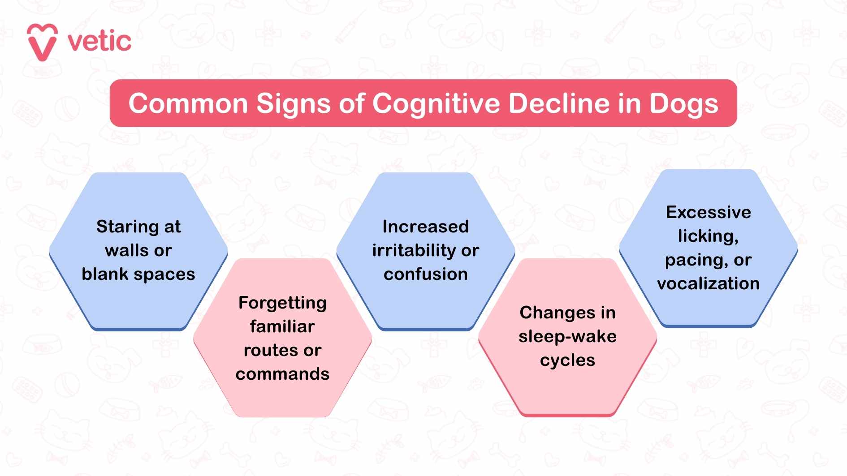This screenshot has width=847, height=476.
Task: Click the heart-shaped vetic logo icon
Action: point(42,42)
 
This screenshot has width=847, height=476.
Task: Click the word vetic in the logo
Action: point(99,42)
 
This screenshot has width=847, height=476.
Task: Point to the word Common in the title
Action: point(188,104)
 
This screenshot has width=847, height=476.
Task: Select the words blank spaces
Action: point(138,274)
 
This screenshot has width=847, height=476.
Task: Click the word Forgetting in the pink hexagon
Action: point(282,303)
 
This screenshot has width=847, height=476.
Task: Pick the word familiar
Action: point(282,326)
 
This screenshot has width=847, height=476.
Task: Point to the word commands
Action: point(282,374)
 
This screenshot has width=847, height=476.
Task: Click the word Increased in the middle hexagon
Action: point(425,227)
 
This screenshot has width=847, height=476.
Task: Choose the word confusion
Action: point(425,274)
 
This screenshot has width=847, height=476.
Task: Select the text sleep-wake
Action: point(567,336)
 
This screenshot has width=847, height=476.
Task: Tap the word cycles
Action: point(567,360)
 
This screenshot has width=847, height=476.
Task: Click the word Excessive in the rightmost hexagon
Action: point(708,212)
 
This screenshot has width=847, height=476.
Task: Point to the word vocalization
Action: point(708,283)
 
